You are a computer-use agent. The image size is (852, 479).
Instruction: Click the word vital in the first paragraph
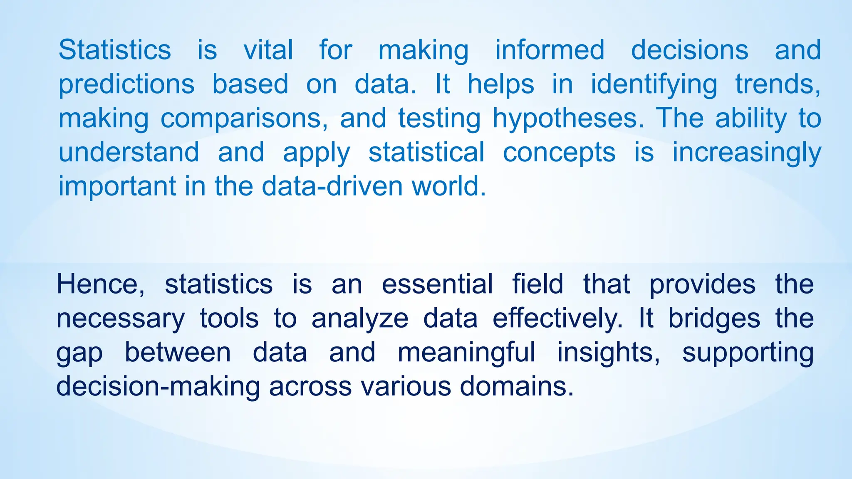point(268,50)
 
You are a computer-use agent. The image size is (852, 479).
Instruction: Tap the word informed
point(550,50)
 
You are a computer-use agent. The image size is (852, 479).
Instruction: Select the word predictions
point(126,84)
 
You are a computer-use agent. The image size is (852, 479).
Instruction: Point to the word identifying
point(654,84)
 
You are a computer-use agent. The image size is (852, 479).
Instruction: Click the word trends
point(778,84)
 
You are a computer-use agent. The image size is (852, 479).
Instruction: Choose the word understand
point(129,152)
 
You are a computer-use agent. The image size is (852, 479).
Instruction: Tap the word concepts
point(559,152)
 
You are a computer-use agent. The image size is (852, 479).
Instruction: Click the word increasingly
point(747,152)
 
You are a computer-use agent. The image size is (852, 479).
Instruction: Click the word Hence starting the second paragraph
point(100,284)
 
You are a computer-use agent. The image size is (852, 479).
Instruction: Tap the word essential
point(437,284)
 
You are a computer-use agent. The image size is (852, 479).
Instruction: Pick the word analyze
point(360,319)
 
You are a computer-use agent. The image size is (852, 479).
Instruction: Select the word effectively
point(557,319)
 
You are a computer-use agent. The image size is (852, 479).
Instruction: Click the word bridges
point(714,319)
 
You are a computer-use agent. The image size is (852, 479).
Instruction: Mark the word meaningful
point(466,353)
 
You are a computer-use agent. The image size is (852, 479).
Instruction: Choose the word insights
point(608,353)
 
